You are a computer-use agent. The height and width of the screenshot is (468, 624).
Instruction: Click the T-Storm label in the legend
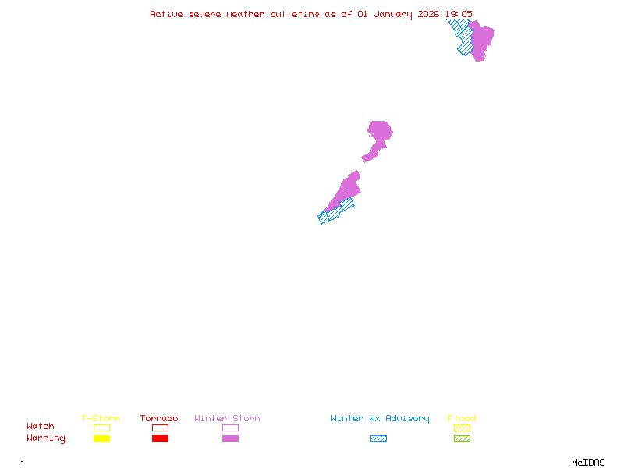101,419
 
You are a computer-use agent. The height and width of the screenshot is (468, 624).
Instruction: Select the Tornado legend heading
159,419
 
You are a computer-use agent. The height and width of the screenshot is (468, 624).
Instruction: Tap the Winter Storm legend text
227,419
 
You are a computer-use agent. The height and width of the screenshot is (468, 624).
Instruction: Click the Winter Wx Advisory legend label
380,419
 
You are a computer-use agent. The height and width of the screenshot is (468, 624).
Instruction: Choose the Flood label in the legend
462,419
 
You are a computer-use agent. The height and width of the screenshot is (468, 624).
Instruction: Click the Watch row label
41,427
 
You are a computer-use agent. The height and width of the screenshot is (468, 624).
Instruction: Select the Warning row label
46,438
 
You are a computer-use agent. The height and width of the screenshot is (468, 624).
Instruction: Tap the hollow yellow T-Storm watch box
101,427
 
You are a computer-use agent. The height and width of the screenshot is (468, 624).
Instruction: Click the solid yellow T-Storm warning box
101,439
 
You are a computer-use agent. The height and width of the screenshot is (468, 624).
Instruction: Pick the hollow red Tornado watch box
160,427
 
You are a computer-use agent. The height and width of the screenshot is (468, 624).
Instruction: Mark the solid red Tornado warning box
160,439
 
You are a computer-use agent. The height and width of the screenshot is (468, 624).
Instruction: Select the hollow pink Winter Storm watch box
230,427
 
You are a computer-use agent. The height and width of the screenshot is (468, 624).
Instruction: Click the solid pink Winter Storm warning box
230,439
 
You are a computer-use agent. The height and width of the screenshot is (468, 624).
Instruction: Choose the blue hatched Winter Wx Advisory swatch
378,439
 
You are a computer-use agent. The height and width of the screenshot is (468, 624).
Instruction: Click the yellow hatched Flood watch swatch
462,427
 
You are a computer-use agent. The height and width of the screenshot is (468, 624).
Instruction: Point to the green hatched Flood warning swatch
462,439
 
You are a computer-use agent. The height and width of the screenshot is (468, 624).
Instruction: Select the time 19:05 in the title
459,14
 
